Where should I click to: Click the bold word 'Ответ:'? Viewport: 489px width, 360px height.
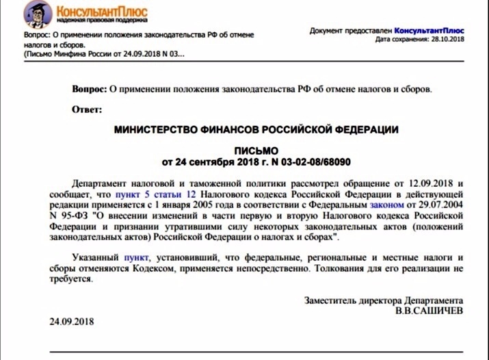point(87,110)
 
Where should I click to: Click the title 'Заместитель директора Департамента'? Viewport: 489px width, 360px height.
point(384,300)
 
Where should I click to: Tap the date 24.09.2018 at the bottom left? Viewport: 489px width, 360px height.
point(72,322)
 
